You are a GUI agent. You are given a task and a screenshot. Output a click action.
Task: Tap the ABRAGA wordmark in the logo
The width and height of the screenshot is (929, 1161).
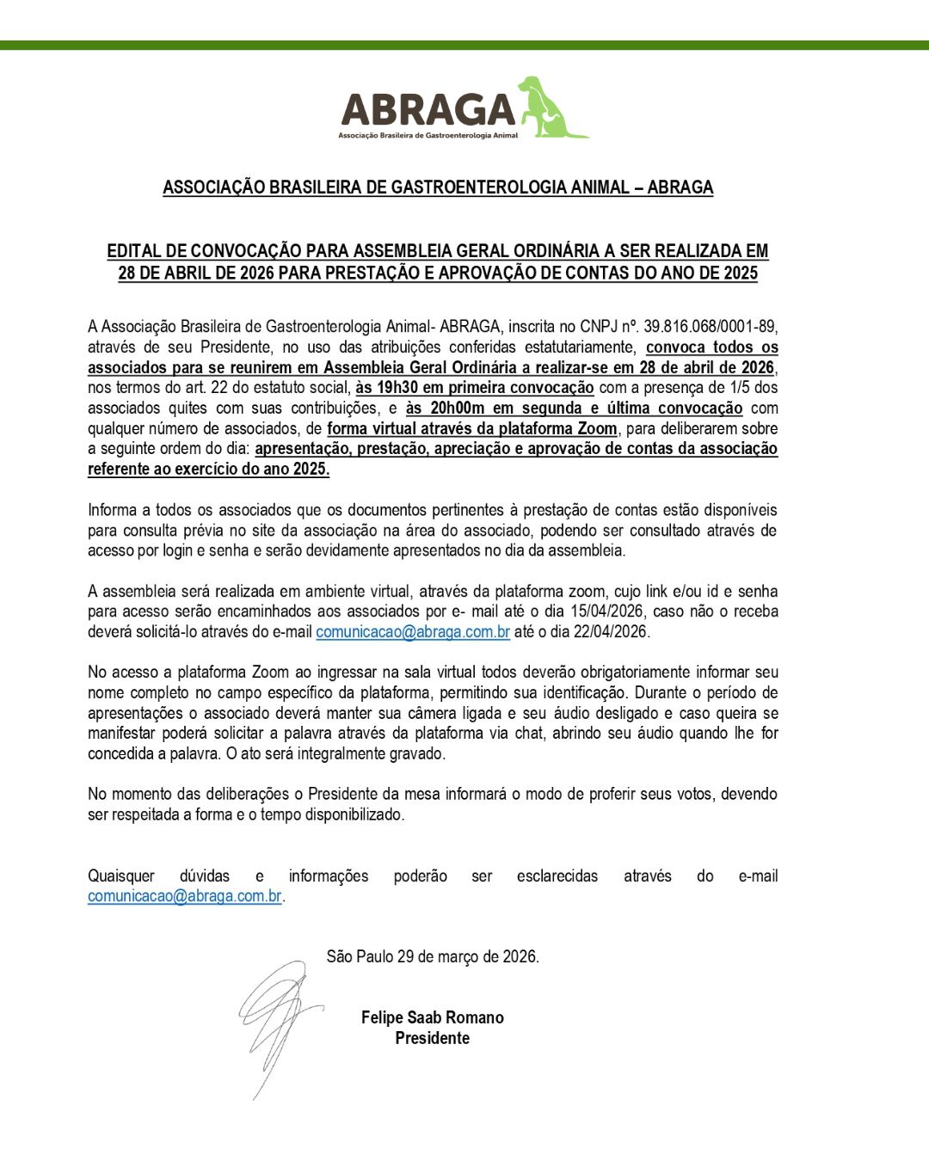click(428, 110)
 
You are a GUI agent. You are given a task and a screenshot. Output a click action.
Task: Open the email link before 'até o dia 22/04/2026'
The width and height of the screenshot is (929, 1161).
click(413, 632)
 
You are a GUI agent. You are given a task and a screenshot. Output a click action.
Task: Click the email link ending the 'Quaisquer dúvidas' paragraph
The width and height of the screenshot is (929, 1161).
click(185, 896)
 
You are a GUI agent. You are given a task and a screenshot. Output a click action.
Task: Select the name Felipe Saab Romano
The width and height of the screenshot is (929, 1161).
click(432, 1017)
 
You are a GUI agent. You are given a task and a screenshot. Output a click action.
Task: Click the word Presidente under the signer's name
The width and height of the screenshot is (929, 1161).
click(432, 1038)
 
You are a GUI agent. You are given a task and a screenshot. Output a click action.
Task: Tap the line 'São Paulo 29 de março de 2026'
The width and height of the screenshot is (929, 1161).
click(433, 957)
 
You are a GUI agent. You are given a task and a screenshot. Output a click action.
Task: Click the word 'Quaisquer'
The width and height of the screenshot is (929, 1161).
click(121, 876)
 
